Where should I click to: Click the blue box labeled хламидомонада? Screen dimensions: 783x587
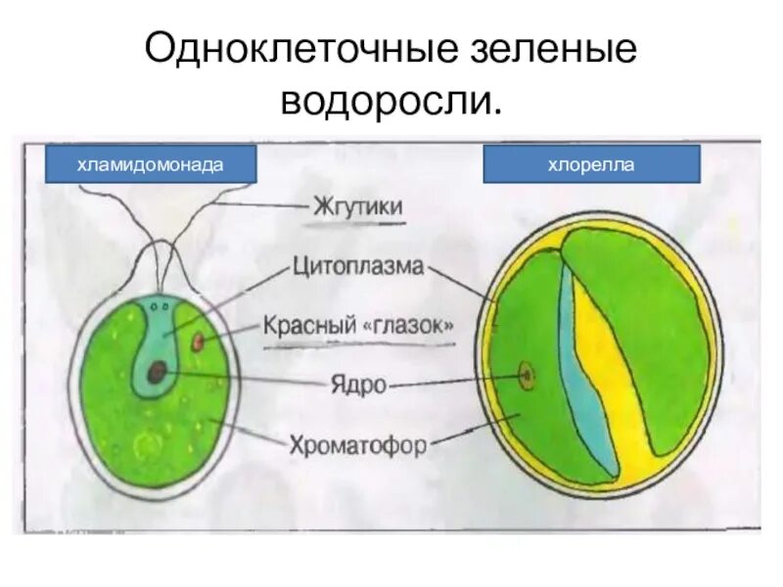pos(152,163)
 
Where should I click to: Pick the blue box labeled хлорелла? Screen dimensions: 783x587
pos(591,163)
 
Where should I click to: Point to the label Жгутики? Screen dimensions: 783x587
pos(359,206)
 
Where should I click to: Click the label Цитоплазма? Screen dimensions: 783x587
pos(358,266)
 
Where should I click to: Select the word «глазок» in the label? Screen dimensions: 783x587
pos(410,326)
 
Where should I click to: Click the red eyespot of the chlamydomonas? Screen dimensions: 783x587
pos(200,342)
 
